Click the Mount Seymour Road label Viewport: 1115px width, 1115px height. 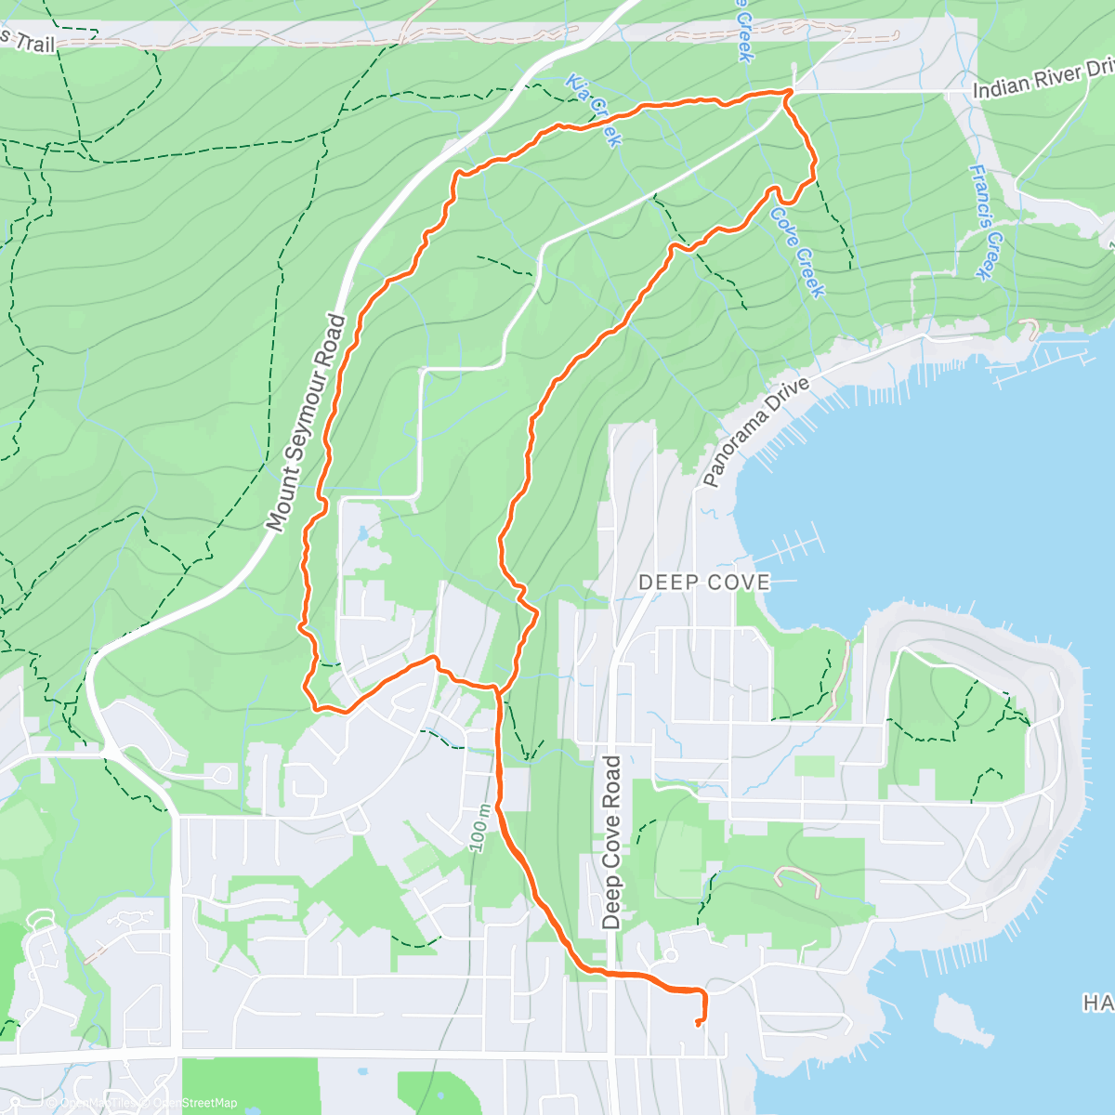pyautogui.click(x=306, y=423)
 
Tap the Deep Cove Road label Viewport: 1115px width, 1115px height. pyautogui.click(x=610, y=842)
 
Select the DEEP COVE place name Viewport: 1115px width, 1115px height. pyautogui.click(x=704, y=583)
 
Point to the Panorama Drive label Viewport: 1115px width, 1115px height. pyautogui.click(x=755, y=431)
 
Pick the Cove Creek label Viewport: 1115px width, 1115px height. pyautogui.click(x=797, y=253)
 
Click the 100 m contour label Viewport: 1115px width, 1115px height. pyautogui.click(x=479, y=825)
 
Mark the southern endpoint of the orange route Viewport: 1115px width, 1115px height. pyautogui.click(x=697, y=1024)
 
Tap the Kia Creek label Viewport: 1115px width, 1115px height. pyautogui.click(x=592, y=110)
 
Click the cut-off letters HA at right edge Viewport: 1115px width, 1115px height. pyautogui.click(x=1098, y=1003)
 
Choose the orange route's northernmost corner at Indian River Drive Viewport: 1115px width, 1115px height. pyautogui.click(x=789, y=91)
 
